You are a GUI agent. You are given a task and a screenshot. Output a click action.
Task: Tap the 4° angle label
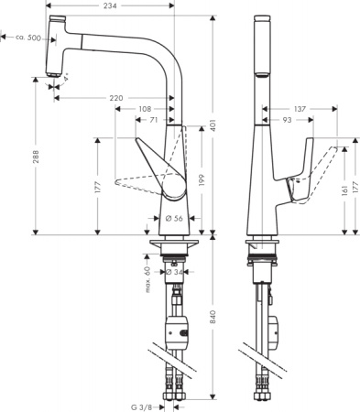point(66,85)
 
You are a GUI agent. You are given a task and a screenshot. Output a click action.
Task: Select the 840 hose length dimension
point(212,317)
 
